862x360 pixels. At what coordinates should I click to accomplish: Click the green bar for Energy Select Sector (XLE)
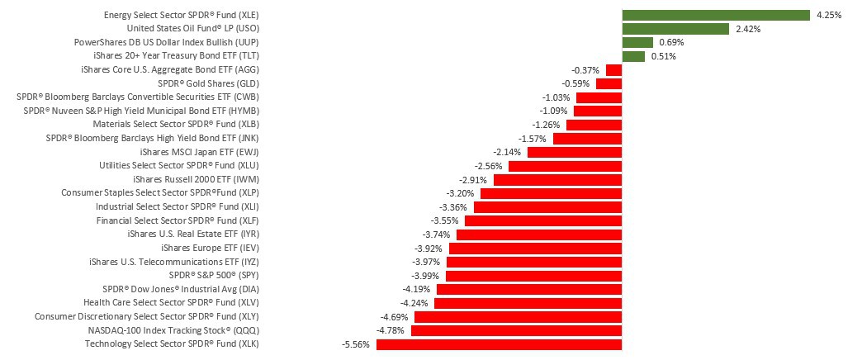click(715, 15)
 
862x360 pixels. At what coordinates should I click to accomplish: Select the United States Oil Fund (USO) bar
click(675, 29)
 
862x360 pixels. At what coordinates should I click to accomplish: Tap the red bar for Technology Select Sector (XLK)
click(498, 344)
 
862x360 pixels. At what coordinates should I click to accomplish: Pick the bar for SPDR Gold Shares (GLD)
click(609, 83)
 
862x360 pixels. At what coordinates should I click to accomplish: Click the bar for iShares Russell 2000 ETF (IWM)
click(557, 179)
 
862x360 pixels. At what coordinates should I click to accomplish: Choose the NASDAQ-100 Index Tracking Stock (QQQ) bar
click(516, 330)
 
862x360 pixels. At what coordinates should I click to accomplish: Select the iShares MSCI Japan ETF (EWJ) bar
click(574, 152)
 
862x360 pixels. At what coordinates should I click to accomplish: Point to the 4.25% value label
click(828, 15)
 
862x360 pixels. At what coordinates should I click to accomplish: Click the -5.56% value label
click(355, 344)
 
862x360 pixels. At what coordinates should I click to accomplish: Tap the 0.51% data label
click(663, 56)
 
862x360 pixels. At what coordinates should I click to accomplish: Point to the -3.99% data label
click(426, 276)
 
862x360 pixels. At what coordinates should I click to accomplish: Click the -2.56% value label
click(489, 166)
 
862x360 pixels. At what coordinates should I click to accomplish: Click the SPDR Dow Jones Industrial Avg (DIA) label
click(181, 289)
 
